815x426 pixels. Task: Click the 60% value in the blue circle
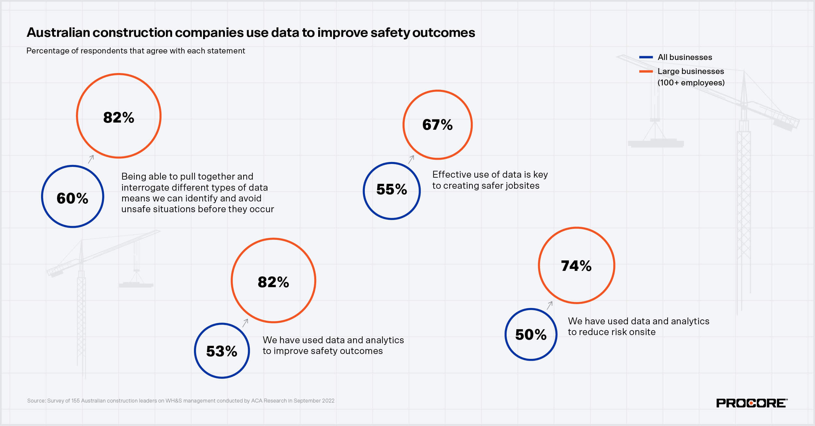pos(72,198)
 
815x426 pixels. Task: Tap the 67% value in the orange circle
pos(437,125)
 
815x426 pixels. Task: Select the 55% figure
pos(392,189)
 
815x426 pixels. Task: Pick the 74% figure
pos(576,266)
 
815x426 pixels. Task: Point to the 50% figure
pos(531,334)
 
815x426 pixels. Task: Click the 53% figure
pos(222,351)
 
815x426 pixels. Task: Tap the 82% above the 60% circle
pos(119,117)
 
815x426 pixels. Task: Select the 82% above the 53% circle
pos(273,282)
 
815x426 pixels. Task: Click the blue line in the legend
pos(646,57)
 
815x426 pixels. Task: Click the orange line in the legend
pos(646,71)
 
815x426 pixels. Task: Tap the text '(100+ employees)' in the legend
pos(691,83)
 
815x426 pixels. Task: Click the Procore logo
pos(751,403)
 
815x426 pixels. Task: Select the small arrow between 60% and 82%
pos(91,159)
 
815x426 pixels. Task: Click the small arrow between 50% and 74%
pos(550,305)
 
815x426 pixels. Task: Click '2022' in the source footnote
pos(328,401)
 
